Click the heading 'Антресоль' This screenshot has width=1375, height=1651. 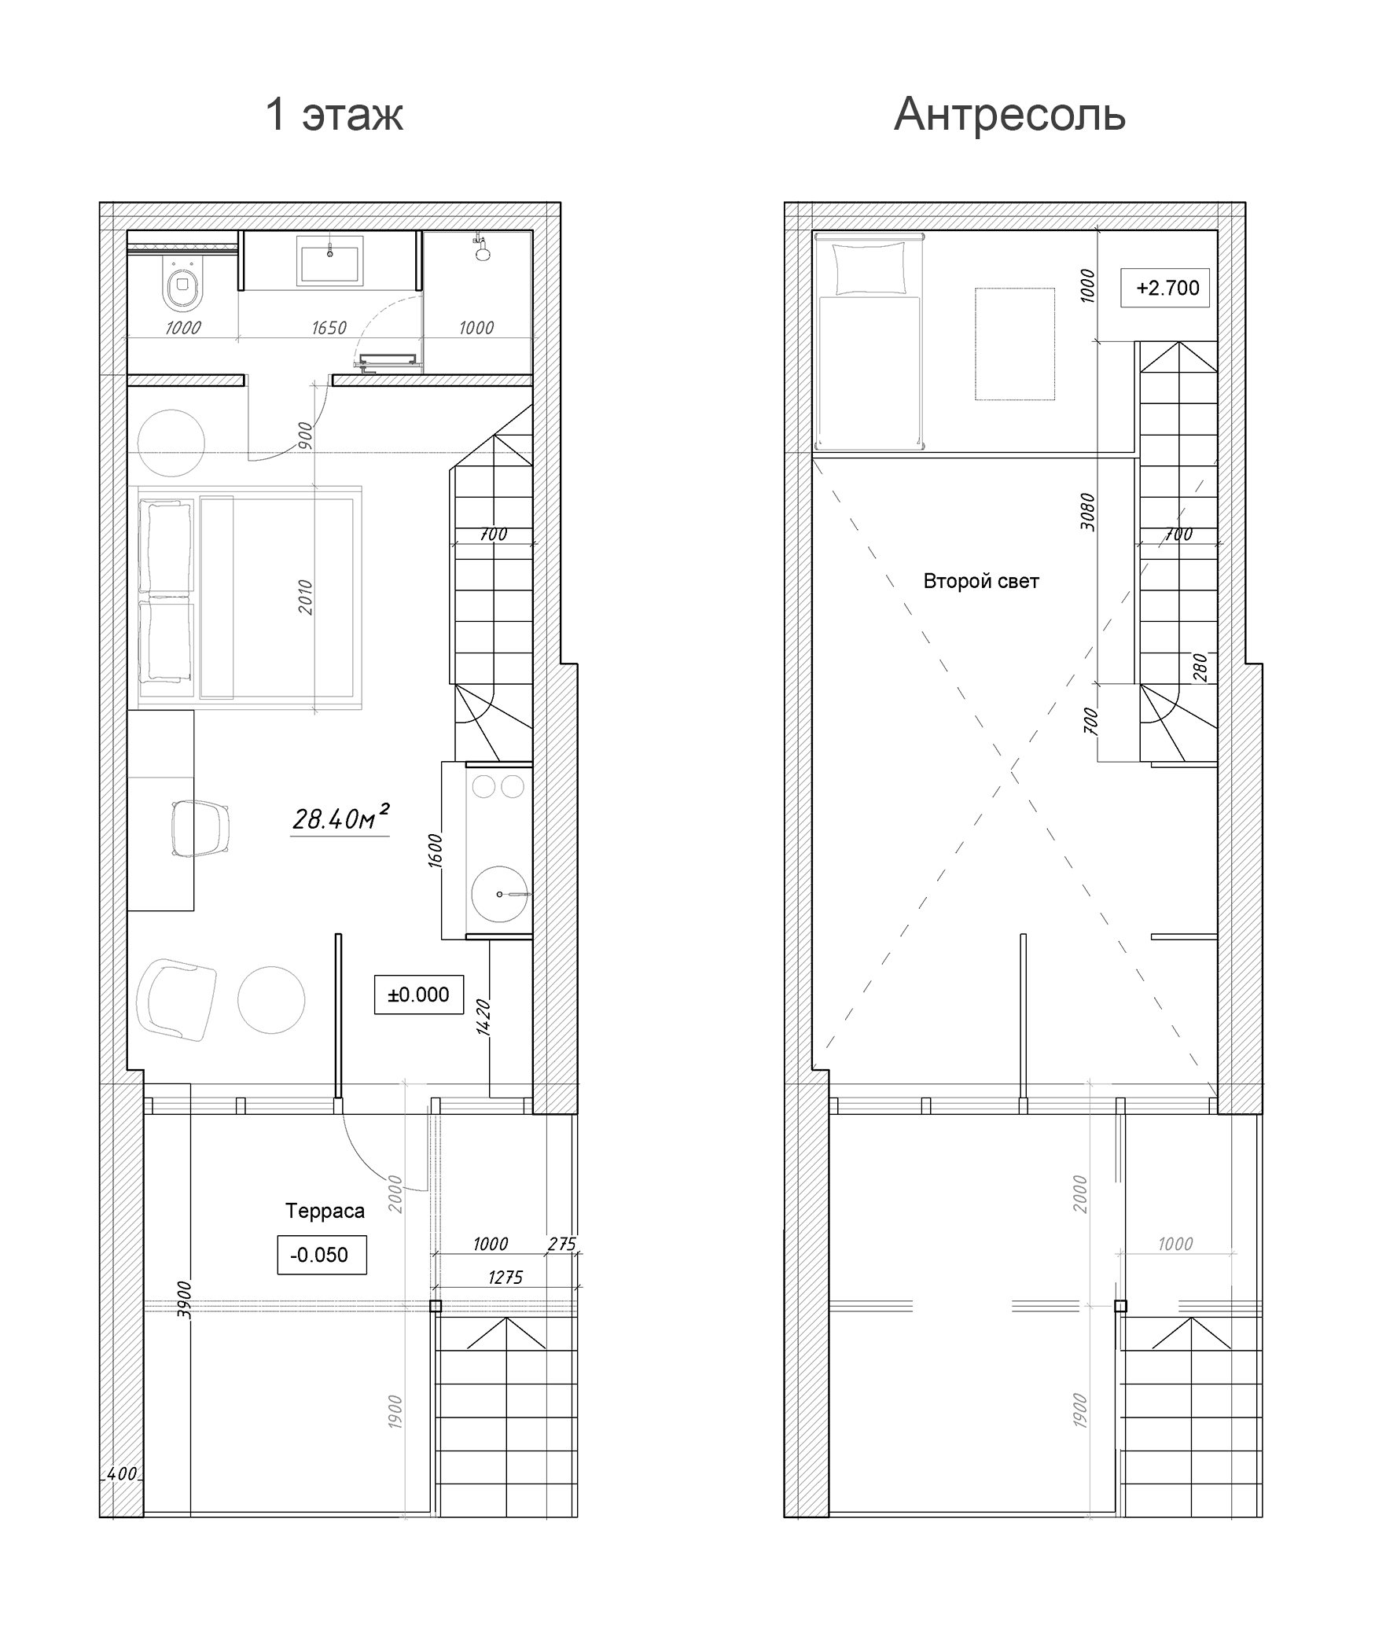pyautogui.click(x=1009, y=115)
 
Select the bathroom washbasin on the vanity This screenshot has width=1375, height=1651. pyautogui.click(x=329, y=260)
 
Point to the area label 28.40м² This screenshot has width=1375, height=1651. pyautogui.click(x=340, y=819)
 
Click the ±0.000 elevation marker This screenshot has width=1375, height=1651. pyautogui.click(x=418, y=995)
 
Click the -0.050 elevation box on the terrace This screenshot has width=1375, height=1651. pyautogui.click(x=321, y=1255)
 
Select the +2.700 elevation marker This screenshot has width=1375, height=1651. pyautogui.click(x=1167, y=288)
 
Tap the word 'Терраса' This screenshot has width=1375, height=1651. pyautogui.click(x=325, y=1211)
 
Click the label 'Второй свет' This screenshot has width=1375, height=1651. pyautogui.click(x=980, y=582)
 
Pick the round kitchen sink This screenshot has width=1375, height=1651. pyautogui.click(x=499, y=894)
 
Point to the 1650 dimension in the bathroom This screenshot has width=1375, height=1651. pyautogui.click(x=329, y=328)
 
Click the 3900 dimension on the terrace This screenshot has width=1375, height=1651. pyautogui.click(x=183, y=1299)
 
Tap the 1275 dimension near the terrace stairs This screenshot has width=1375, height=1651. pyautogui.click(x=505, y=1278)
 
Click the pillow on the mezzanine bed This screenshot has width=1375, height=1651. pyautogui.click(x=869, y=268)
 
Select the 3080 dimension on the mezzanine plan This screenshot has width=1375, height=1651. pyautogui.click(x=1087, y=511)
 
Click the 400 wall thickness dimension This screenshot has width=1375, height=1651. pyautogui.click(x=121, y=1475)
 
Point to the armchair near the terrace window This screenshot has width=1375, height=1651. pyautogui.click(x=177, y=999)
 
